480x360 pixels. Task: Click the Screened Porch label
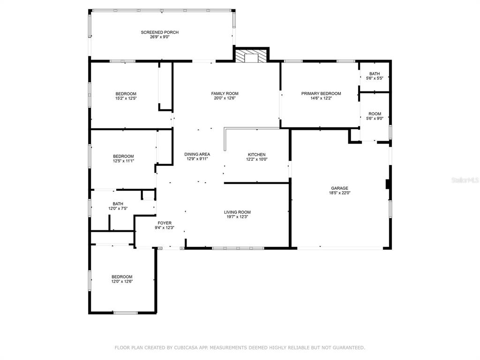click(160, 32)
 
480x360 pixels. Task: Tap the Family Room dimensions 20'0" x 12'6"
click(225, 98)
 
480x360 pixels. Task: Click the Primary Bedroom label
click(321, 93)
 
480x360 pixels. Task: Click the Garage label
click(339, 188)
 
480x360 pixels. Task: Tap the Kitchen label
click(256, 155)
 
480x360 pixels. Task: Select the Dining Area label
click(197, 154)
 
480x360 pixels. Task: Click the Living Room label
click(237, 212)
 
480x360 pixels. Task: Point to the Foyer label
click(165, 223)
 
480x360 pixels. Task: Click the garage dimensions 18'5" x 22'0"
click(339, 193)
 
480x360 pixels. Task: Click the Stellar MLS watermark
click(465, 180)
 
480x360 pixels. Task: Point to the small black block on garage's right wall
click(388, 184)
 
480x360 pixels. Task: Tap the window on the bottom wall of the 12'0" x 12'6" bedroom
click(126, 313)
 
